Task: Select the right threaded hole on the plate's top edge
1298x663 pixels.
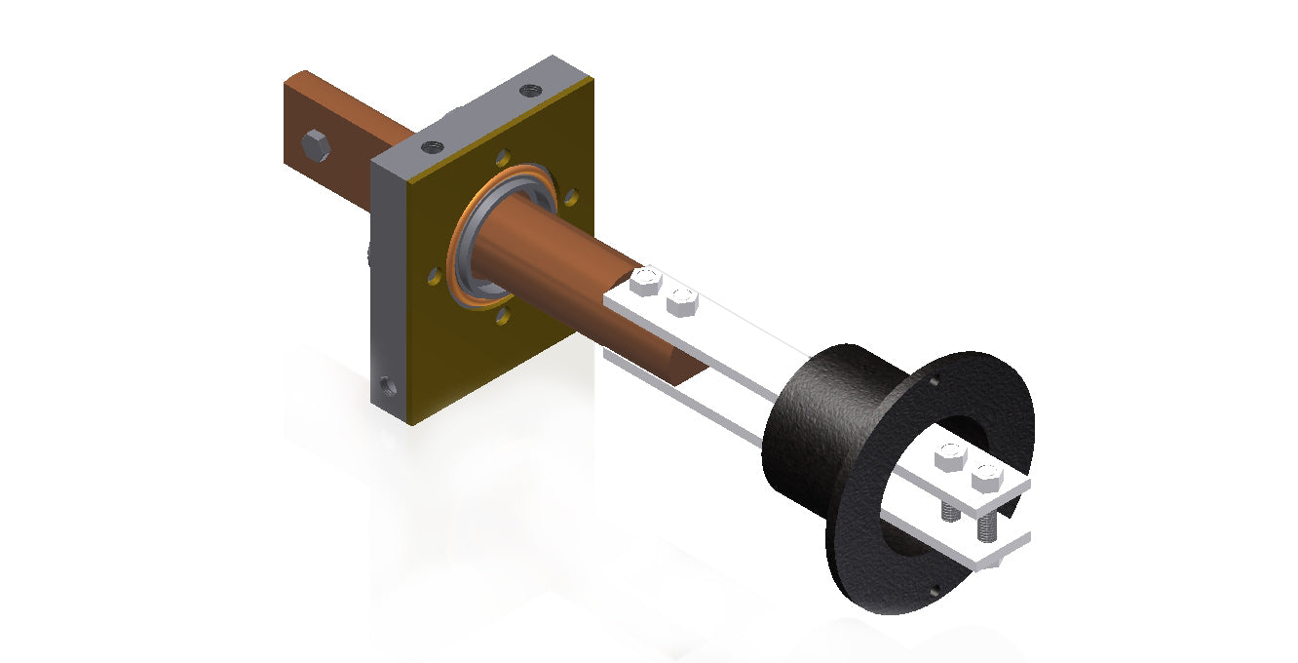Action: (x=529, y=91)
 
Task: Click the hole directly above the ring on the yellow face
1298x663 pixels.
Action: (x=502, y=156)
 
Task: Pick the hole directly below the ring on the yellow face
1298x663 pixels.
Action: (x=503, y=316)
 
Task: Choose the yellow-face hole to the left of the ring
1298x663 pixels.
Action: (x=432, y=278)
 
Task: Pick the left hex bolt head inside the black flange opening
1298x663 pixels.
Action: (x=949, y=456)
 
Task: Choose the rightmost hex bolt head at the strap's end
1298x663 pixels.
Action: (x=987, y=478)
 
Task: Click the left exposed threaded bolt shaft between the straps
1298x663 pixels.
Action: (x=947, y=512)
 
